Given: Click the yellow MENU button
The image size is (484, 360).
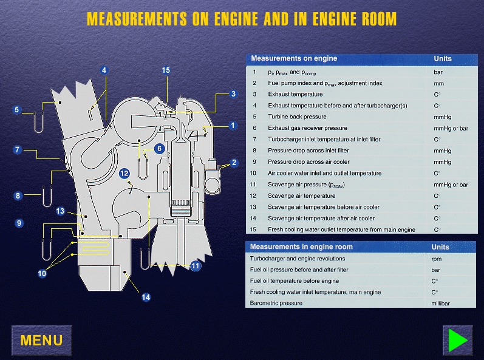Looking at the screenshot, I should [41, 340].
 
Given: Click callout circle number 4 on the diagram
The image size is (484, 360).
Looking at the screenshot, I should [104, 70].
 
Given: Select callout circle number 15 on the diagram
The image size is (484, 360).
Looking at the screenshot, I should [166, 70].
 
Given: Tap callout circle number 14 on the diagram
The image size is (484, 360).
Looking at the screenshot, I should [146, 297].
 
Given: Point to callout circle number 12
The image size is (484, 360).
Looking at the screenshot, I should [124, 173].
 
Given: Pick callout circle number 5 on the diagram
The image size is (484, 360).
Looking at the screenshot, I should [17, 110].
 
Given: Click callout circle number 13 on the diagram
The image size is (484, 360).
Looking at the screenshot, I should [60, 211].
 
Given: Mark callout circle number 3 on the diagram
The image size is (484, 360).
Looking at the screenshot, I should [233, 93].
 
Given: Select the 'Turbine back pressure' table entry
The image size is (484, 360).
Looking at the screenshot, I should [297, 117].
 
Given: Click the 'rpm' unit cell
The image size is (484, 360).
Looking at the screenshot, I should [437, 258].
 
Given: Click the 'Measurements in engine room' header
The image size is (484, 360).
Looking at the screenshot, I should [301, 247].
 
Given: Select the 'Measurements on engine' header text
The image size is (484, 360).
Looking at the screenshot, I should [294, 59].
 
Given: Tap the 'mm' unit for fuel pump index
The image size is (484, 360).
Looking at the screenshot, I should [438, 83].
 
